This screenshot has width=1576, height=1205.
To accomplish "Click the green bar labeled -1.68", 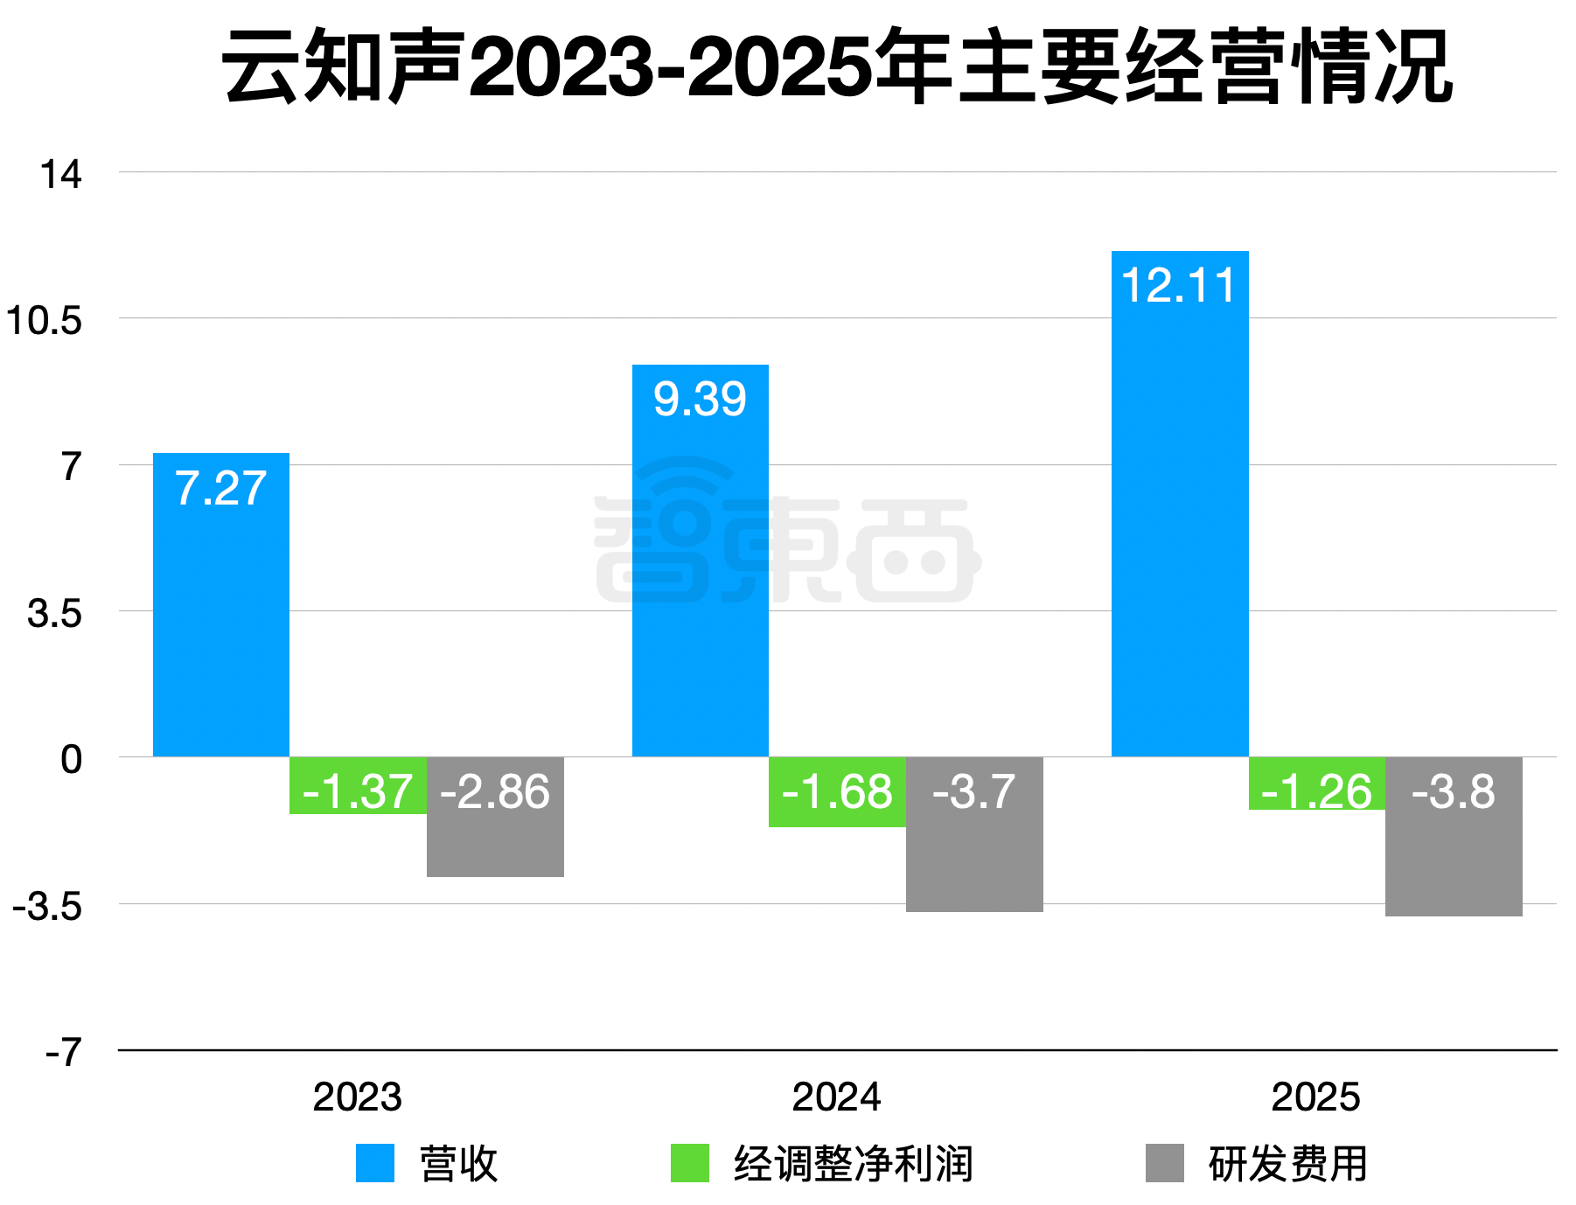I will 837,791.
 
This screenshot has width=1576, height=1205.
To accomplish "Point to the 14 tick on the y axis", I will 60,174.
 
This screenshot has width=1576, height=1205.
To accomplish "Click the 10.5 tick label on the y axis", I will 44,320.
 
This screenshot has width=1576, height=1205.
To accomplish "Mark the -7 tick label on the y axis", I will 63,1052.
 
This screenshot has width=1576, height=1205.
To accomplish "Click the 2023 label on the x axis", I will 357,1097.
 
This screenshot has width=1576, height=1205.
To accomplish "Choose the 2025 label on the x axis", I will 1315,1097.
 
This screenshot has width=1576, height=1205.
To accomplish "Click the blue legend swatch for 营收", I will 375,1163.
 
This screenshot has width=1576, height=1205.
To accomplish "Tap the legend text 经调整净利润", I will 853,1164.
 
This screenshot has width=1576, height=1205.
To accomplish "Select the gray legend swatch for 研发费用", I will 1164,1163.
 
